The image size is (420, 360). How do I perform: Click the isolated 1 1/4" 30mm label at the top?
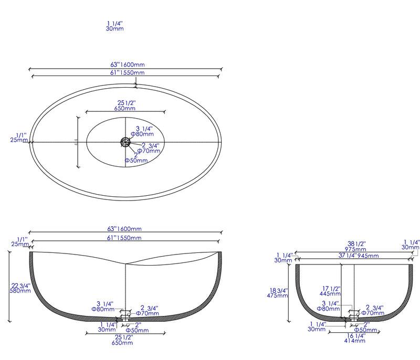115,26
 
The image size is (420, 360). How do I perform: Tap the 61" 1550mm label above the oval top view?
127,72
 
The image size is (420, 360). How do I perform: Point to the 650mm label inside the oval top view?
125,109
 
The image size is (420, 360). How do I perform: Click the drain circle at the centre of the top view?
125,142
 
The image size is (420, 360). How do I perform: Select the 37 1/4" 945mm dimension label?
355,256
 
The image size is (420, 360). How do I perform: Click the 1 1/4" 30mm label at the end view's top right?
411,245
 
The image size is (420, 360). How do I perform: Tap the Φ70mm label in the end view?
375,313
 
